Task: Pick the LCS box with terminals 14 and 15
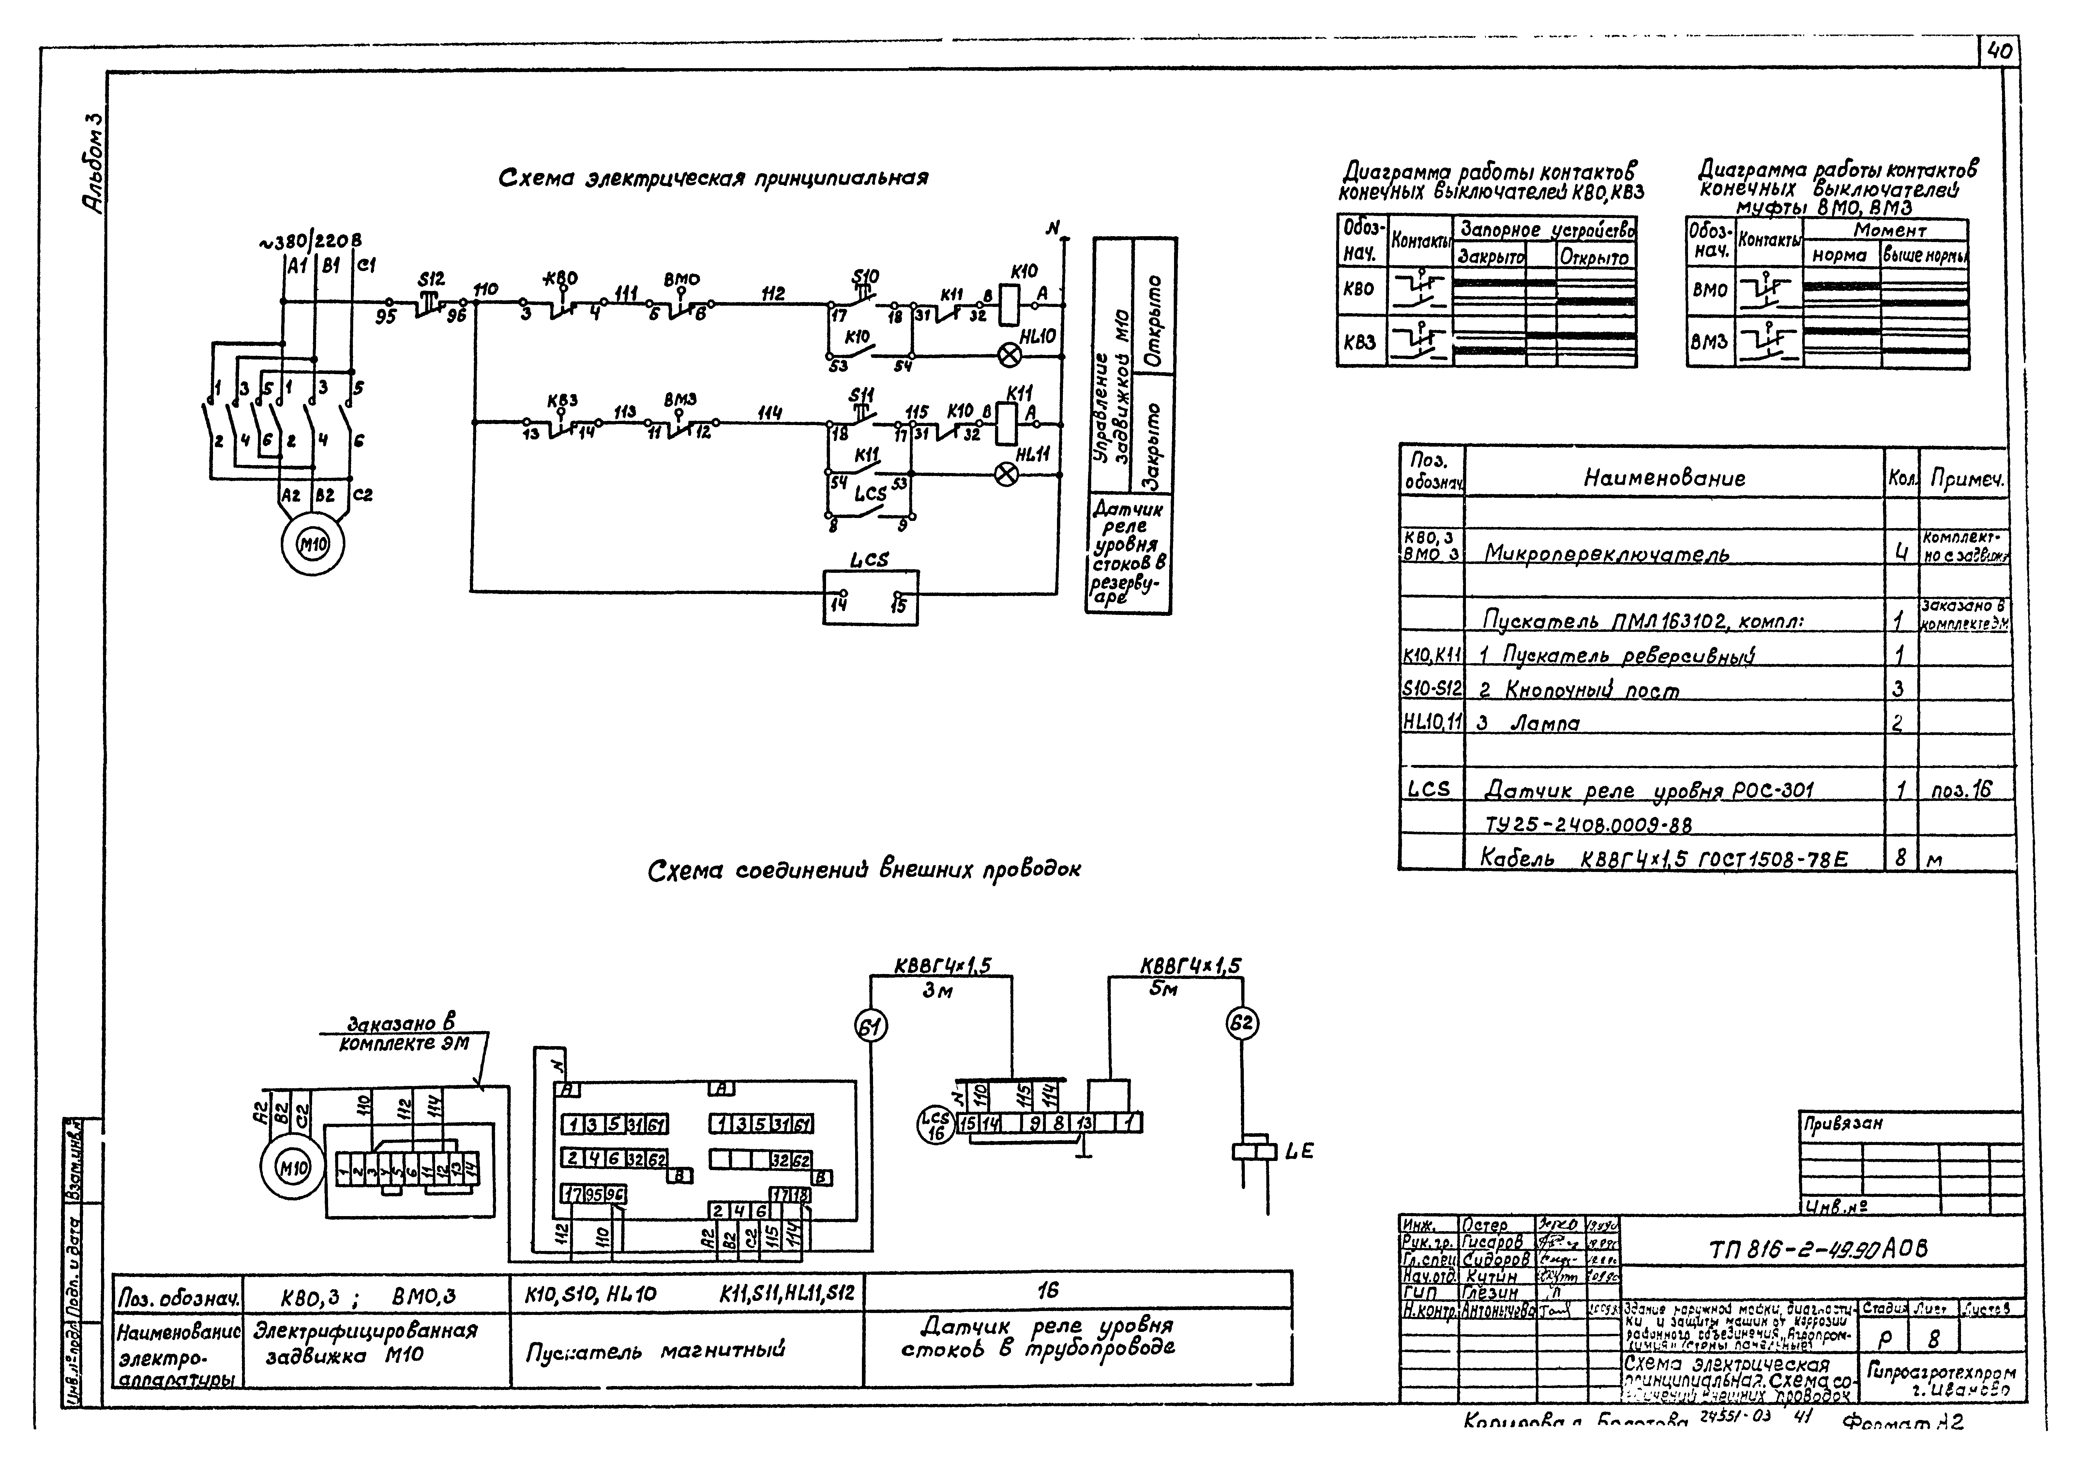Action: click(870, 597)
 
